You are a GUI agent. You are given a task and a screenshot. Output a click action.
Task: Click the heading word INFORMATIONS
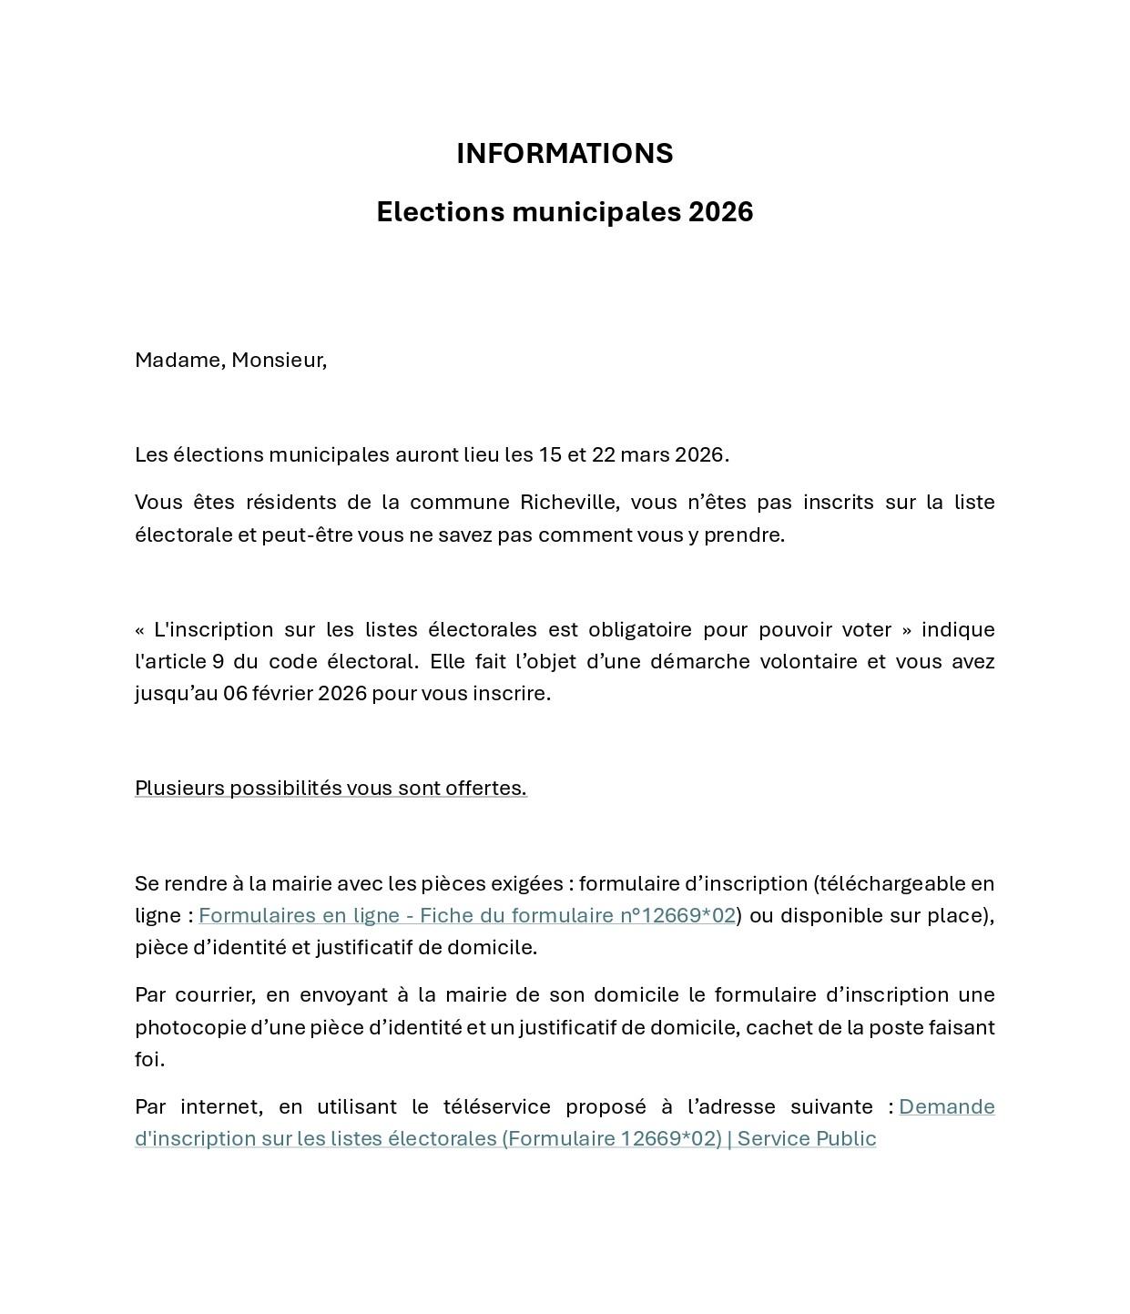(565, 154)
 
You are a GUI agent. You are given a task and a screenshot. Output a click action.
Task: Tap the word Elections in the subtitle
(441, 212)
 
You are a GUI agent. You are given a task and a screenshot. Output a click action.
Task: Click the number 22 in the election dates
(604, 455)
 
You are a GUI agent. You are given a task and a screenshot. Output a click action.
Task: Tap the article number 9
(218, 662)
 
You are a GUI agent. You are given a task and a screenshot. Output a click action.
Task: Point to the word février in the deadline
(283, 694)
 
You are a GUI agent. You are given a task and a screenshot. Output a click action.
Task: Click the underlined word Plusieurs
(179, 789)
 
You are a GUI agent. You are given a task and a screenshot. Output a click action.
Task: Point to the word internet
(221, 1107)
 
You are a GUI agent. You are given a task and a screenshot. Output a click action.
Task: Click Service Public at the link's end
(807, 1139)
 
